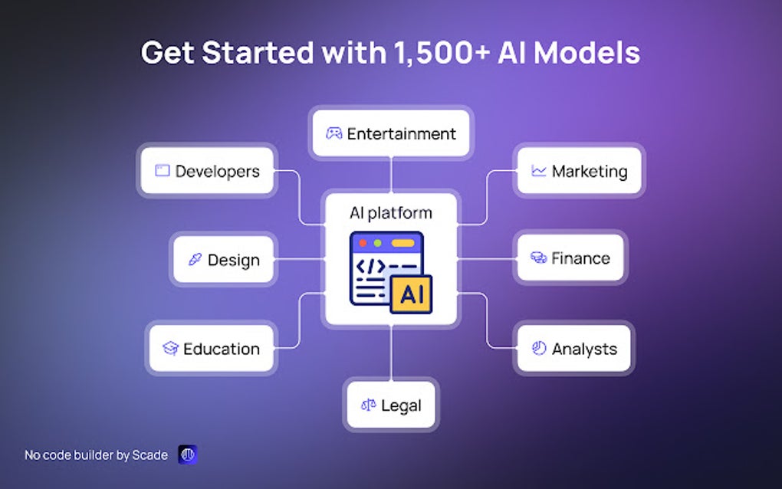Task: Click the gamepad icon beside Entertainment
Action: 333,133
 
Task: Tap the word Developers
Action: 218,172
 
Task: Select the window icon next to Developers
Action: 162,170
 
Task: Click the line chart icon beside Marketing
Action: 539,171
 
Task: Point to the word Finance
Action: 580,258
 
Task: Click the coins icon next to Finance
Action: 539,258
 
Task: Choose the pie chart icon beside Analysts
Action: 539,348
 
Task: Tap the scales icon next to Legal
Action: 369,405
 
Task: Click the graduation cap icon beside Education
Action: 170,348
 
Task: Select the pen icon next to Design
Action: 195,259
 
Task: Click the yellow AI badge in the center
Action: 411,294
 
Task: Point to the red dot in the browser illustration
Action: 363,243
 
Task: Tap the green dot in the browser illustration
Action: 377,243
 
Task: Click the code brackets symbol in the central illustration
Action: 370,267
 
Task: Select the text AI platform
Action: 391,213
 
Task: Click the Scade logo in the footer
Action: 188,455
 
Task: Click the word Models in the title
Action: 587,52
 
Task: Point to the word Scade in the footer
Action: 149,455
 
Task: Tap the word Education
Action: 222,349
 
